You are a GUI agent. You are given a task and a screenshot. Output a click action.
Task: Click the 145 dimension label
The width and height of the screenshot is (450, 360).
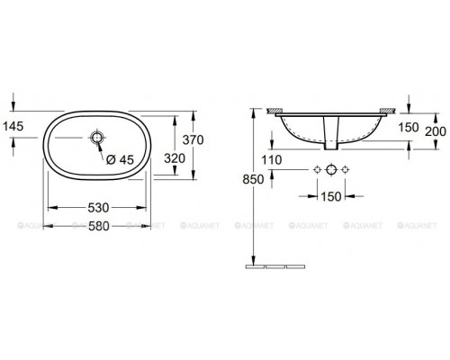pos(13,126)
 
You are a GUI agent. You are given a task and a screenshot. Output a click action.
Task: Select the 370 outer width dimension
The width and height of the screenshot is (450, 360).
pos(193,139)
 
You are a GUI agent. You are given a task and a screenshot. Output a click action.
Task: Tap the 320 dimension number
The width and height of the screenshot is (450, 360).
pos(175,158)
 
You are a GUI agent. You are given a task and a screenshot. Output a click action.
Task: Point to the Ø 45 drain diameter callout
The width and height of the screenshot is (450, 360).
pos(120,160)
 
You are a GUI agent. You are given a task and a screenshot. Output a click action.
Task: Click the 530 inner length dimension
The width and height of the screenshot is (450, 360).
pos(98,208)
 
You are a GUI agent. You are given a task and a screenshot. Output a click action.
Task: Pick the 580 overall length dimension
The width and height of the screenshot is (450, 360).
pos(98,226)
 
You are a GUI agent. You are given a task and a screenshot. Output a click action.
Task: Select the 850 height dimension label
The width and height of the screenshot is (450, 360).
pos(253,179)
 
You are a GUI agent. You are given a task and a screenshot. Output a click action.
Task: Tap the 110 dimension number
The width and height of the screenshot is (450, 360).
pos(272,160)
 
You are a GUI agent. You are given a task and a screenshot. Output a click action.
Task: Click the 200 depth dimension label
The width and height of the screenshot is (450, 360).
pos(436,131)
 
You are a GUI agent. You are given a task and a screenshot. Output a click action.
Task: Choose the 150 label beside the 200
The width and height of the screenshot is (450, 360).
pos(409,128)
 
